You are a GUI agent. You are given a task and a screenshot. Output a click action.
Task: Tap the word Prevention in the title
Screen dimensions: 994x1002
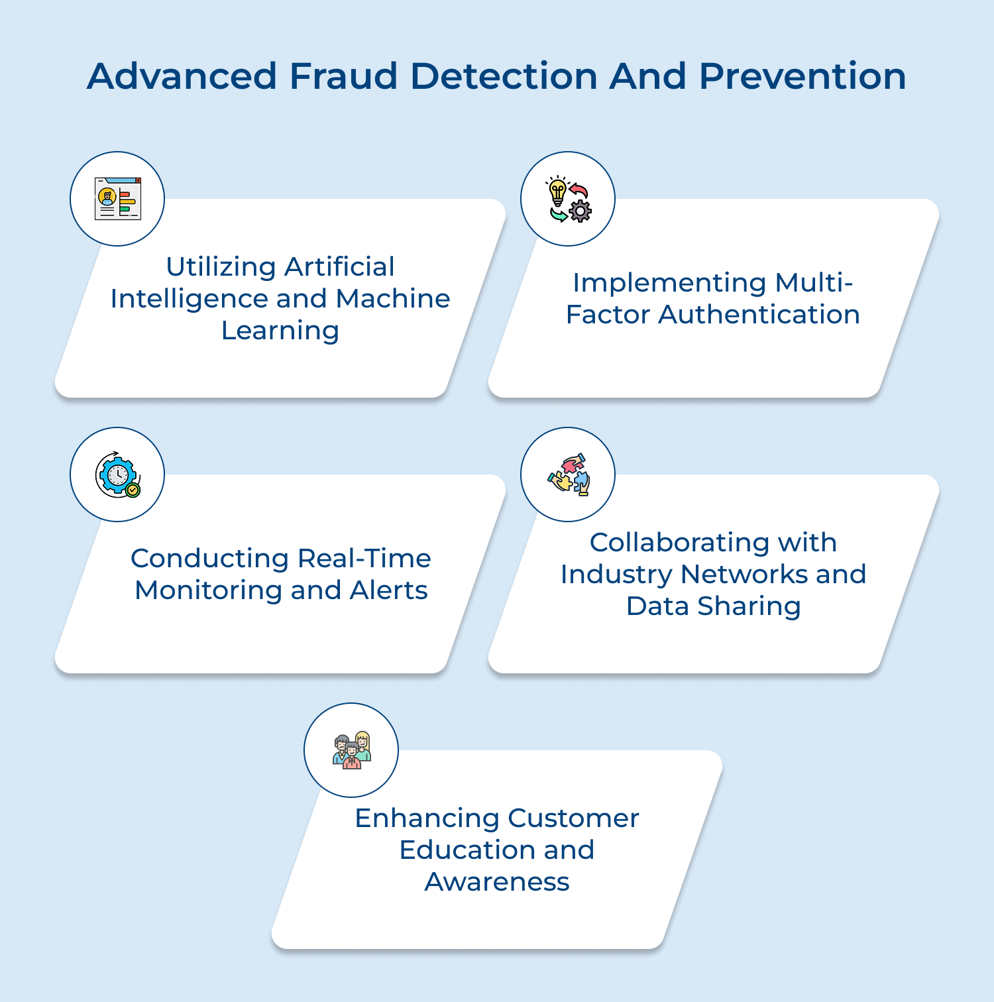(x=802, y=76)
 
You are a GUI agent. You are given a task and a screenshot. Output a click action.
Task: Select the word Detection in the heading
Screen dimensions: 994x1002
(x=504, y=76)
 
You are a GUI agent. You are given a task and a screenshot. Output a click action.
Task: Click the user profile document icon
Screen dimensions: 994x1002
(x=117, y=199)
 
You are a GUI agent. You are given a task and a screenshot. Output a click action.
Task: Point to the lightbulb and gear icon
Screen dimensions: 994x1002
(x=568, y=199)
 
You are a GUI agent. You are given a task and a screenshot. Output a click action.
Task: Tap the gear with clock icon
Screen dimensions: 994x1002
(x=117, y=474)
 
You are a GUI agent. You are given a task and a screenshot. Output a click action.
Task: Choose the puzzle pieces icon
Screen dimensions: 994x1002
(x=568, y=474)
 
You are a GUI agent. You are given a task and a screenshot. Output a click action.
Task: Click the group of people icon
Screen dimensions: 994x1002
(x=351, y=750)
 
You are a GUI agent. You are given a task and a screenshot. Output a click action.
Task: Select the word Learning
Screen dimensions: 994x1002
(x=280, y=331)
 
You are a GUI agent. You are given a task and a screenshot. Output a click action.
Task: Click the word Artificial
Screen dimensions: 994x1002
(x=339, y=267)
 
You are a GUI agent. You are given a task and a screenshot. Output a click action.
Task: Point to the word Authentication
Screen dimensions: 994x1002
(x=759, y=315)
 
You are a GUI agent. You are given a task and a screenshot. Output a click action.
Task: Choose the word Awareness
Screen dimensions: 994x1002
(x=497, y=882)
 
